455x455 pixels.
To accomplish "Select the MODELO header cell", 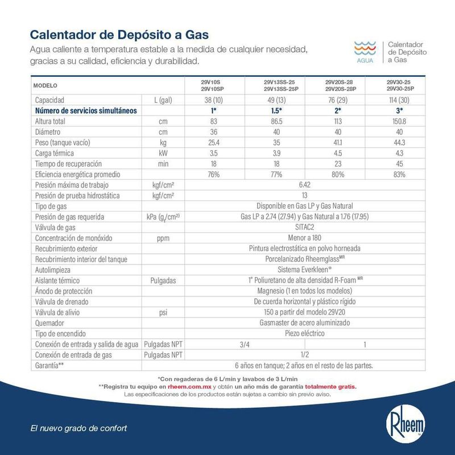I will click(46, 86).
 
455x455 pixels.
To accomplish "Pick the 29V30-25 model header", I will click(400, 86).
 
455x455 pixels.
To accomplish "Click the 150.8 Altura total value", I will click(400, 122).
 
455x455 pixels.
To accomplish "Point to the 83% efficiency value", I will click(400, 175).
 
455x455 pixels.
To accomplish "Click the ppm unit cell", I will click(163, 238).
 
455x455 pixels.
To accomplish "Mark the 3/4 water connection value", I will click(245, 344).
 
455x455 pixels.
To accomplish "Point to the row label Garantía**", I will click(49, 365).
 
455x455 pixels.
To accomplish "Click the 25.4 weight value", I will click(214, 143).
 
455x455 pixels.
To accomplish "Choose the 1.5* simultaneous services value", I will click(275, 111).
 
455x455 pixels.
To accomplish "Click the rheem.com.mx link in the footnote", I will click(185, 386).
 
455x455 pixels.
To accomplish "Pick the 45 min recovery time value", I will click(400, 164).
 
